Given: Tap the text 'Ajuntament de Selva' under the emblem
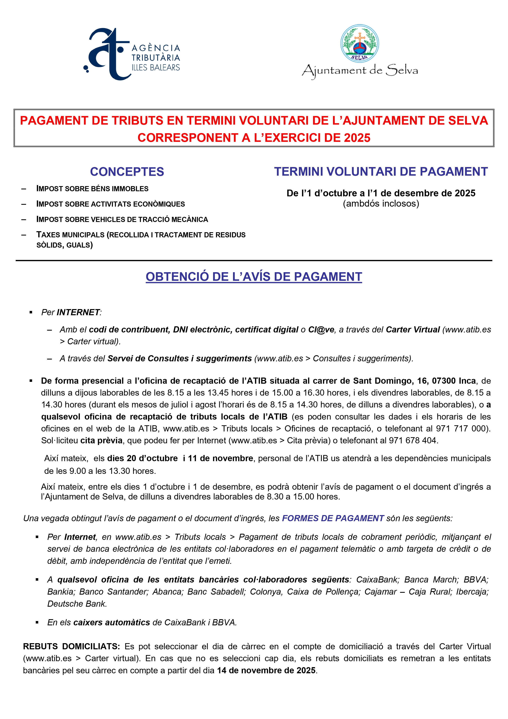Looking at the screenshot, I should (x=360, y=71).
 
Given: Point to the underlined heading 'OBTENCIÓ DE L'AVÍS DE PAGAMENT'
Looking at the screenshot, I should (x=254, y=277).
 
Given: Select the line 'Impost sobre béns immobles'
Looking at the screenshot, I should (x=92, y=189).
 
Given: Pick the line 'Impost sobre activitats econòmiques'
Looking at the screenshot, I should (x=110, y=204).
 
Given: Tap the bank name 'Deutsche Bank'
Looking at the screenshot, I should (x=77, y=604).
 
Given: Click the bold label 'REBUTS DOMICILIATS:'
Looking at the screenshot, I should (x=71, y=646).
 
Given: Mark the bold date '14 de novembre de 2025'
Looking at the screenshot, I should (x=266, y=670).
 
